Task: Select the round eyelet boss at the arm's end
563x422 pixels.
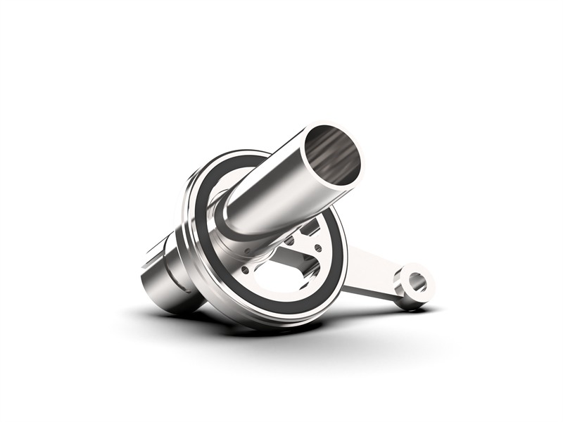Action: point(415,285)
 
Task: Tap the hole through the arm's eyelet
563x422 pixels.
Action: point(416,281)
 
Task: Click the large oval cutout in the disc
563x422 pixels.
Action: point(281,278)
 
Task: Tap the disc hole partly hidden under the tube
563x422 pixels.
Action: point(289,240)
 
